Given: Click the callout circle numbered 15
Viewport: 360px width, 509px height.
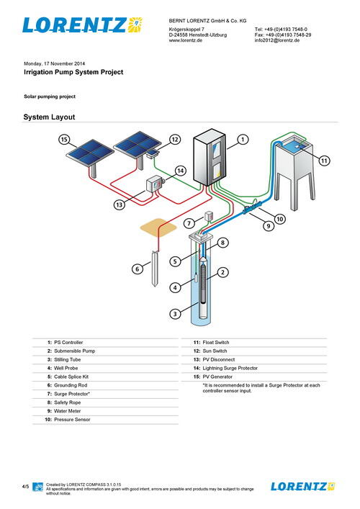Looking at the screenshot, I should (64, 139).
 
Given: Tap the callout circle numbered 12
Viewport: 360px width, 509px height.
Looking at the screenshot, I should (174, 139).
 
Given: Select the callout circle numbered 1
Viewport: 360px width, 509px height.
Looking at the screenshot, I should (243, 139).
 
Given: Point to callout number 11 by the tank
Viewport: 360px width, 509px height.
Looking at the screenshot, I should (324, 160).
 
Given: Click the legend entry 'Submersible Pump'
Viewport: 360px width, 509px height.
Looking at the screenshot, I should (76, 351).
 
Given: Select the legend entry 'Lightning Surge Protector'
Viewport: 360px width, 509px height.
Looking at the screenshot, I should (230, 368).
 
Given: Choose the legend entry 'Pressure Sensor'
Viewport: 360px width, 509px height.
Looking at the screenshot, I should (73, 419).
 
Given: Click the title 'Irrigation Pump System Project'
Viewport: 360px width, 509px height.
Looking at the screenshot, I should (73, 72).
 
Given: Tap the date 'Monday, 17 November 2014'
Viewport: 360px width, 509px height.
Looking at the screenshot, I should (55, 63).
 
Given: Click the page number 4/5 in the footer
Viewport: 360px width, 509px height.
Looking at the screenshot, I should (25, 487).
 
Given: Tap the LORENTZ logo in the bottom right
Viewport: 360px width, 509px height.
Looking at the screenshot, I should (302, 486).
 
